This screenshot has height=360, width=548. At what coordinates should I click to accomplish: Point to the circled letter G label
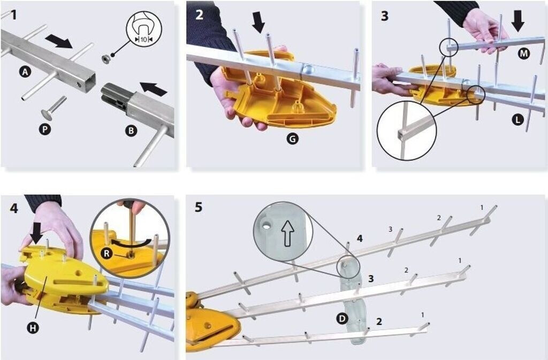pyautogui.click(x=292, y=139)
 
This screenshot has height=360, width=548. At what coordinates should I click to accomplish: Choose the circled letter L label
pyautogui.click(x=516, y=120)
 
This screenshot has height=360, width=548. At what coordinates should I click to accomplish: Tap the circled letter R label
pyautogui.click(x=107, y=254)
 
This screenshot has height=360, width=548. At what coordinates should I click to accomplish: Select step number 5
pyautogui.click(x=199, y=207)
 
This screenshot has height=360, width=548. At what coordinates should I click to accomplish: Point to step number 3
pyautogui.click(x=384, y=16)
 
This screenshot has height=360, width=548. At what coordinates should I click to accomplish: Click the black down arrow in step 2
pyautogui.click(x=258, y=22)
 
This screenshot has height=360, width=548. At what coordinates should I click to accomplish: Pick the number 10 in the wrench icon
pyautogui.click(x=143, y=39)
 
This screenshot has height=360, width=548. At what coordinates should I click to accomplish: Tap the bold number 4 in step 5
pyautogui.click(x=360, y=239)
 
